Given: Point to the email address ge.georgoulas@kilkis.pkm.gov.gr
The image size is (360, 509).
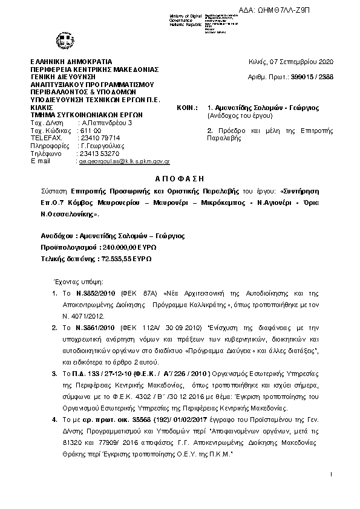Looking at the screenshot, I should (125, 161).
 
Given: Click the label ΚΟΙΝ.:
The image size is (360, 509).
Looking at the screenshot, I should (188, 106).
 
